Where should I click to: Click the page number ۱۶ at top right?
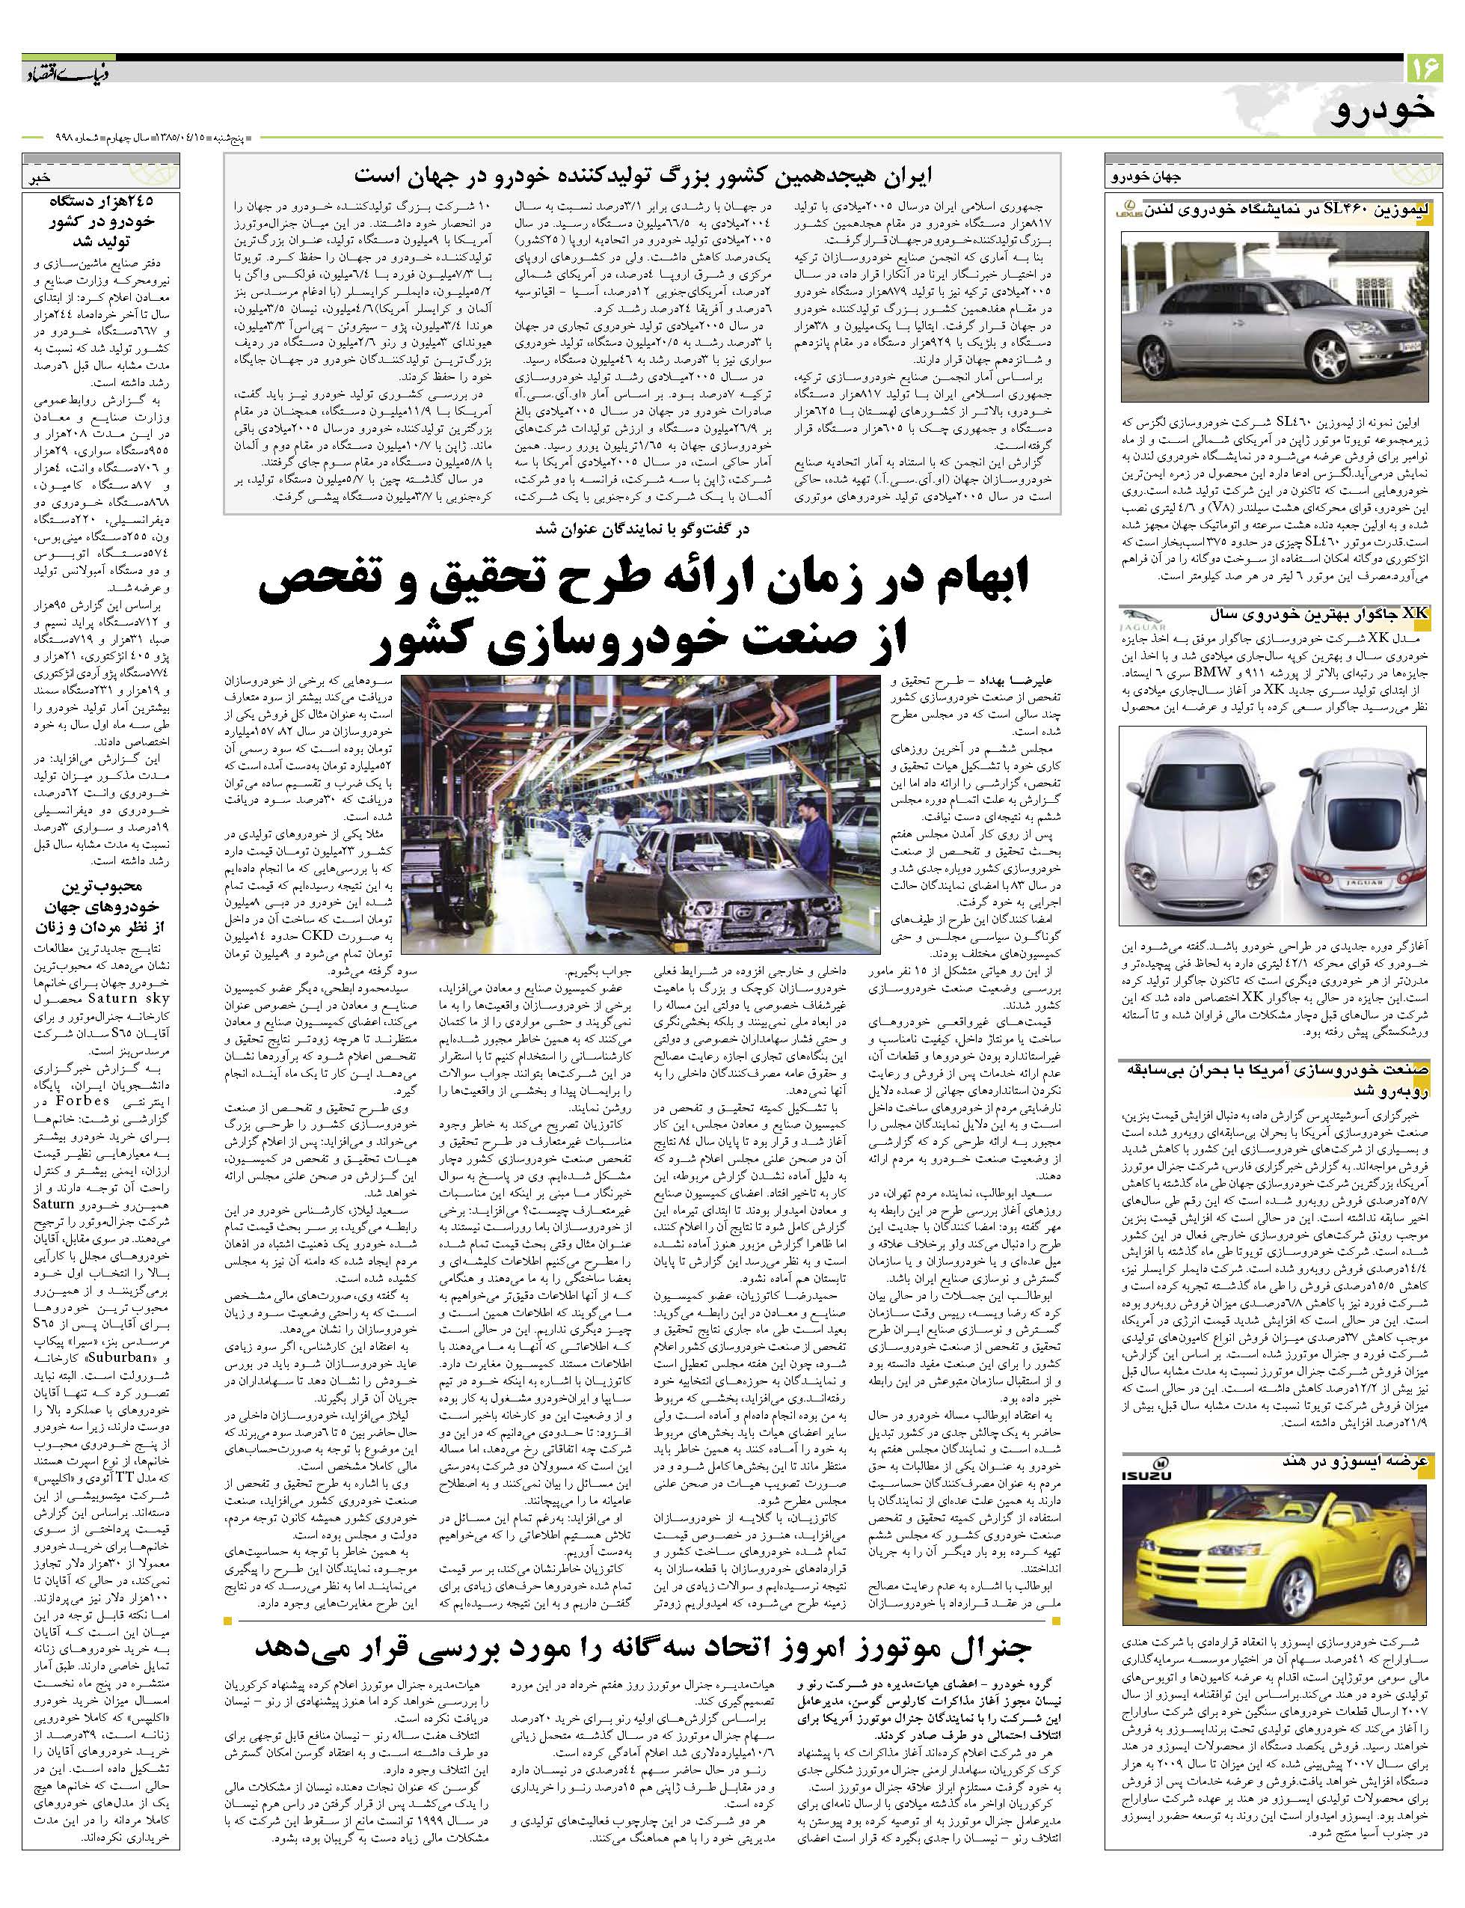point(1424,67)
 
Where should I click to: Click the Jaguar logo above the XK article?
point(1143,620)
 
